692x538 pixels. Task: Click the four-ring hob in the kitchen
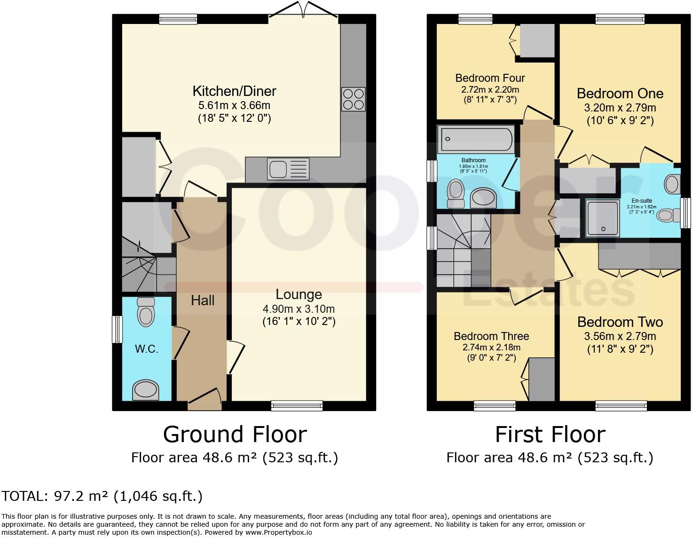click(353, 99)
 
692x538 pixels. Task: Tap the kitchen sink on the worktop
click(288, 169)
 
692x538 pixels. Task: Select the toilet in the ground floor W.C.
click(146, 312)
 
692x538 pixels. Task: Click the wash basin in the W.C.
click(146, 390)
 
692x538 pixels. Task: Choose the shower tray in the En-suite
click(603, 219)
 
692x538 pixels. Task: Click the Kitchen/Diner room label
click(235, 91)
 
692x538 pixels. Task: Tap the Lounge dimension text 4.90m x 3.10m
click(299, 309)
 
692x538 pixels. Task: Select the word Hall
click(203, 301)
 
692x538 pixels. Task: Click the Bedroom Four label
click(490, 78)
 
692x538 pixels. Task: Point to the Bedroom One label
click(620, 93)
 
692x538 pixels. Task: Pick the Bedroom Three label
click(491, 336)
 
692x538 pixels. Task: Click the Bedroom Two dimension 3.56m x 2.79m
click(620, 336)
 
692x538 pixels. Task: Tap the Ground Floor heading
click(235, 435)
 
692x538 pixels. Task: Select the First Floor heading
click(550, 435)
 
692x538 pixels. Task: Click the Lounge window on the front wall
click(297, 406)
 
